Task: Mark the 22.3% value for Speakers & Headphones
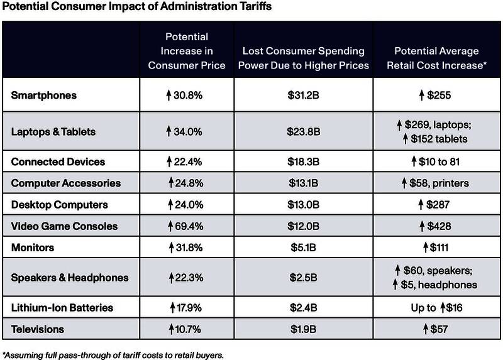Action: tap(189, 278)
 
